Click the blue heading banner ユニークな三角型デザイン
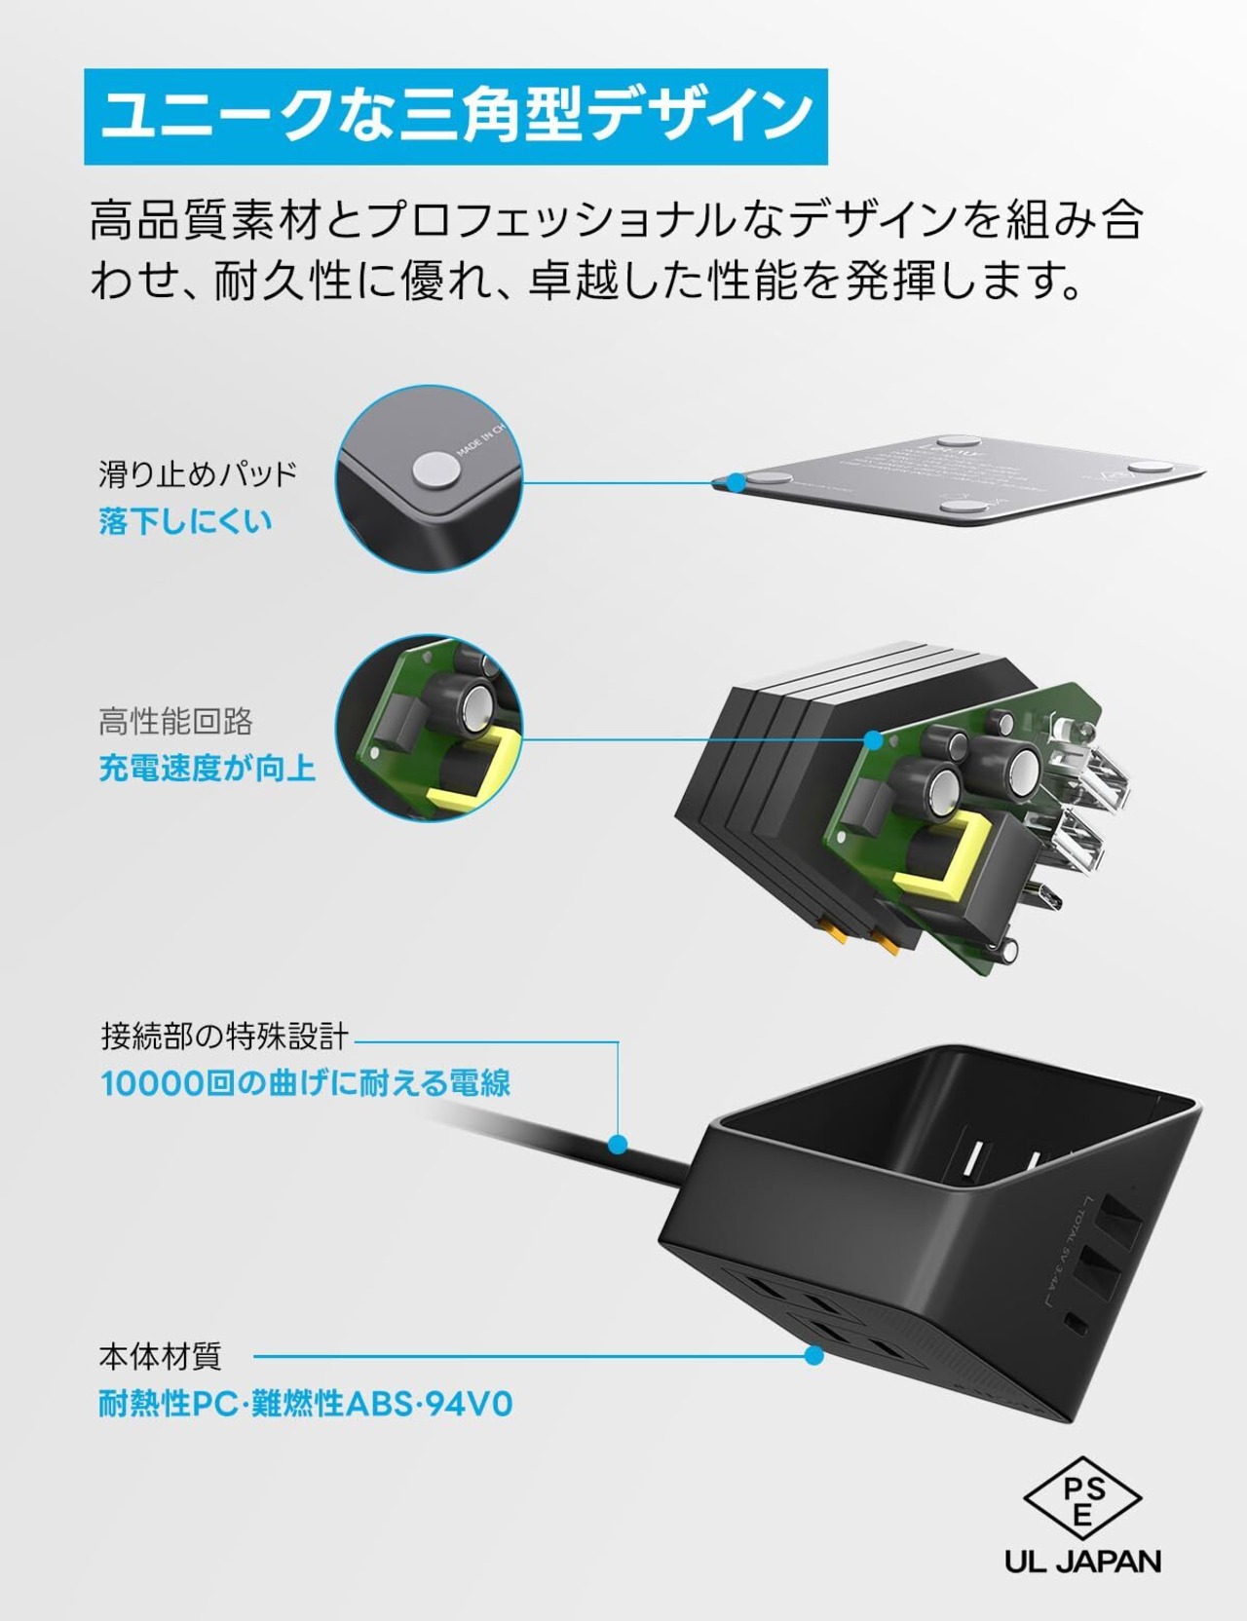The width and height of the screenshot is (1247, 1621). [455, 116]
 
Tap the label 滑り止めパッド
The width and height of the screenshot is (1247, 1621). [198, 474]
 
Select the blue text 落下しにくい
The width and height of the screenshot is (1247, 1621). [185, 522]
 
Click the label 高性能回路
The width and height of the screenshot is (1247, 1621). [175, 722]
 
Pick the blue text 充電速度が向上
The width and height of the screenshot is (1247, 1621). [207, 770]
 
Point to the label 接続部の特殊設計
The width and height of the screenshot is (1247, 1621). [224, 1036]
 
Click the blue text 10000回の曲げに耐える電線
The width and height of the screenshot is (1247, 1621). [305, 1083]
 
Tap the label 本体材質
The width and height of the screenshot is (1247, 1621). [160, 1356]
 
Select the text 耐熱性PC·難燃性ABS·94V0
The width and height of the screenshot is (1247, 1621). [305, 1404]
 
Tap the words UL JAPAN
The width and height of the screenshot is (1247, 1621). [1082, 1562]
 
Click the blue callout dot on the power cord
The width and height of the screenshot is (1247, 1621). [617, 1144]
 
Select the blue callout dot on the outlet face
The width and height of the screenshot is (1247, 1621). [814, 1355]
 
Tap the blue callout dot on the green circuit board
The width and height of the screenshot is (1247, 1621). [874, 740]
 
